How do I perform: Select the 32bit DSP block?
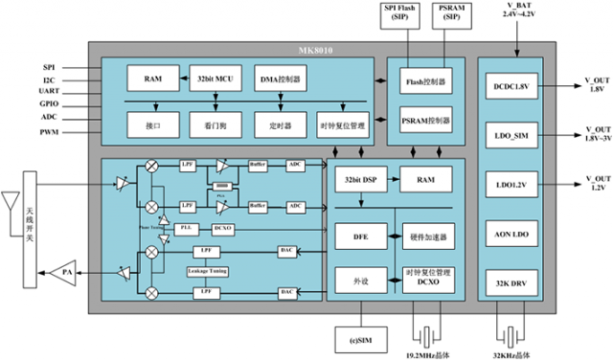(x=355, y=179)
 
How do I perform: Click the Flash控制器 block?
(x=425, y=83)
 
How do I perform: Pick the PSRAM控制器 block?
(x=425, y=122)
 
